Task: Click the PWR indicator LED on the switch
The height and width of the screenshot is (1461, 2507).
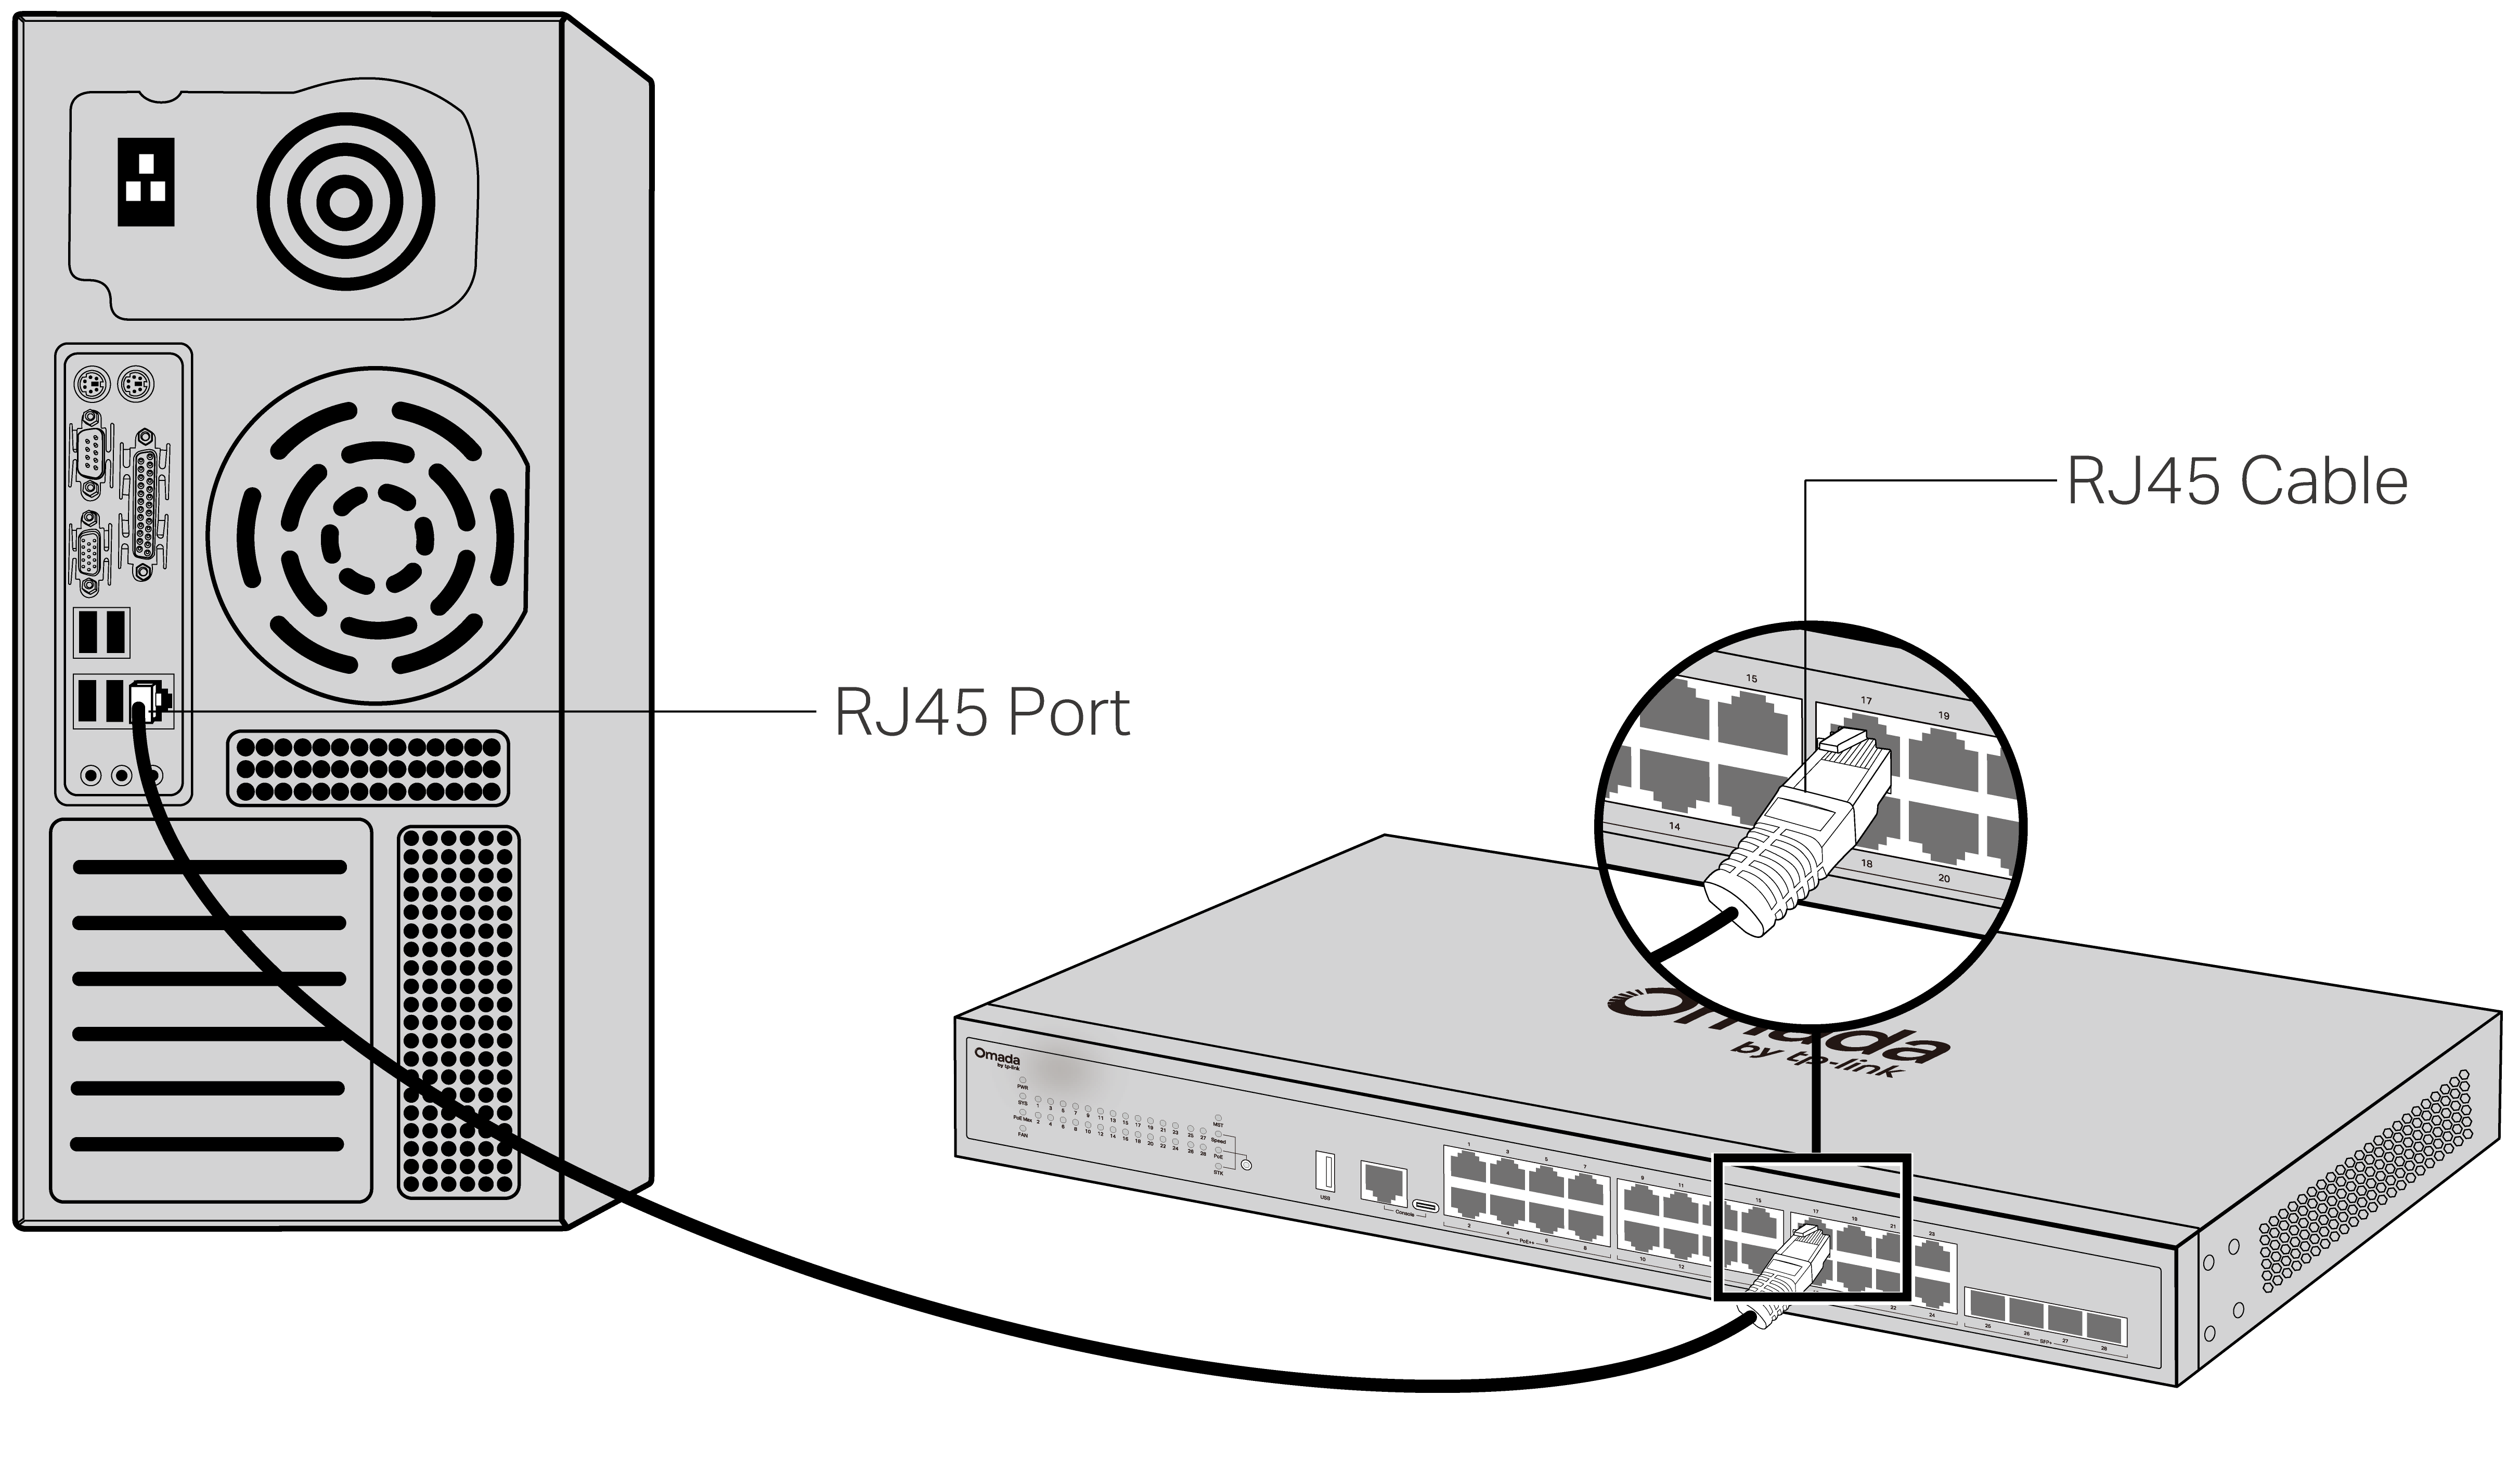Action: point(1022,1079)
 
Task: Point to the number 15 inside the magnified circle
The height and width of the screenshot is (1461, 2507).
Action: point(1751,679)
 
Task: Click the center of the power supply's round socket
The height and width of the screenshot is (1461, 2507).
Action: point(344,203)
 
